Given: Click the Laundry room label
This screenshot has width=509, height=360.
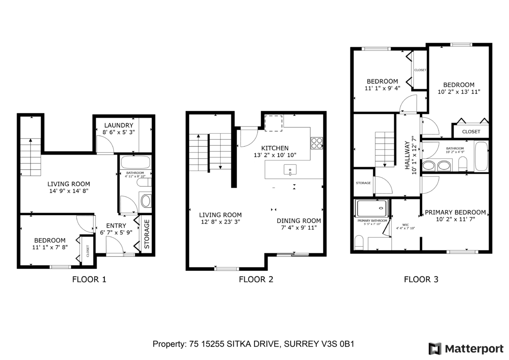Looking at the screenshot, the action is pyautogui.click(x=119, y=125).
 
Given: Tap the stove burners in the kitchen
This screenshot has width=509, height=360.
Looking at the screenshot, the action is pyautogui.click(x=317, y=143).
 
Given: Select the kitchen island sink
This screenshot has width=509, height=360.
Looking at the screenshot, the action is pyautogui.click(x=290, y=170).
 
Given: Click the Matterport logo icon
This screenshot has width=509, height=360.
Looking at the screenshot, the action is pyautogui.click(x=435, y=349).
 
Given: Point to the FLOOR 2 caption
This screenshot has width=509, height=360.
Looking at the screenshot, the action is pyautogui.click(x=256, y=279).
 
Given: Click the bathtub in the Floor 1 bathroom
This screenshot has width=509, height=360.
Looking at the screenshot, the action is pyautogui.click(x=135, y=162).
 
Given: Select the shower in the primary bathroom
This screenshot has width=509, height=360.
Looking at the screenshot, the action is pyautogui.click(x=372, y=208).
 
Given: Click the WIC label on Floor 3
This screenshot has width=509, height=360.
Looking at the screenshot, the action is pyautogui.click(x=406, y=225).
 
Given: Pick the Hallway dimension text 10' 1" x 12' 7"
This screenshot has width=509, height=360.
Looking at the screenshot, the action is pyautogui.click(x=414, y=155).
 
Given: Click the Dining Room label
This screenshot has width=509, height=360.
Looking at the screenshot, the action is pyautogui.click(x=299, y=221).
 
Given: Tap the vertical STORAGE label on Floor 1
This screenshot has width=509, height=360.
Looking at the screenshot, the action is pyautogui.click(x=147, y=234).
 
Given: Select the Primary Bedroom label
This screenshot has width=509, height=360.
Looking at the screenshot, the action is pyautogui.click(x=456, y=212).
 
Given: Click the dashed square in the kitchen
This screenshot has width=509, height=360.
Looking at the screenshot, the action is pyautogui.click(x=274, y=123).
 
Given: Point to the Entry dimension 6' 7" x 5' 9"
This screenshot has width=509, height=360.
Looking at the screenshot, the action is pyautogui.click(x=116, y=233).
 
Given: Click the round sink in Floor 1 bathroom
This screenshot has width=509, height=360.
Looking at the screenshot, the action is pyautogui.click(x=145, y=201).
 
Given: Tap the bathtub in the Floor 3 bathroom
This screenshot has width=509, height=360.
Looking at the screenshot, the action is pyautogui.click(x=481, y=156).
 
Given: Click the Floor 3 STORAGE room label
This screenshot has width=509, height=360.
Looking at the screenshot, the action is pyautogui.click(x=363, y=183).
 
